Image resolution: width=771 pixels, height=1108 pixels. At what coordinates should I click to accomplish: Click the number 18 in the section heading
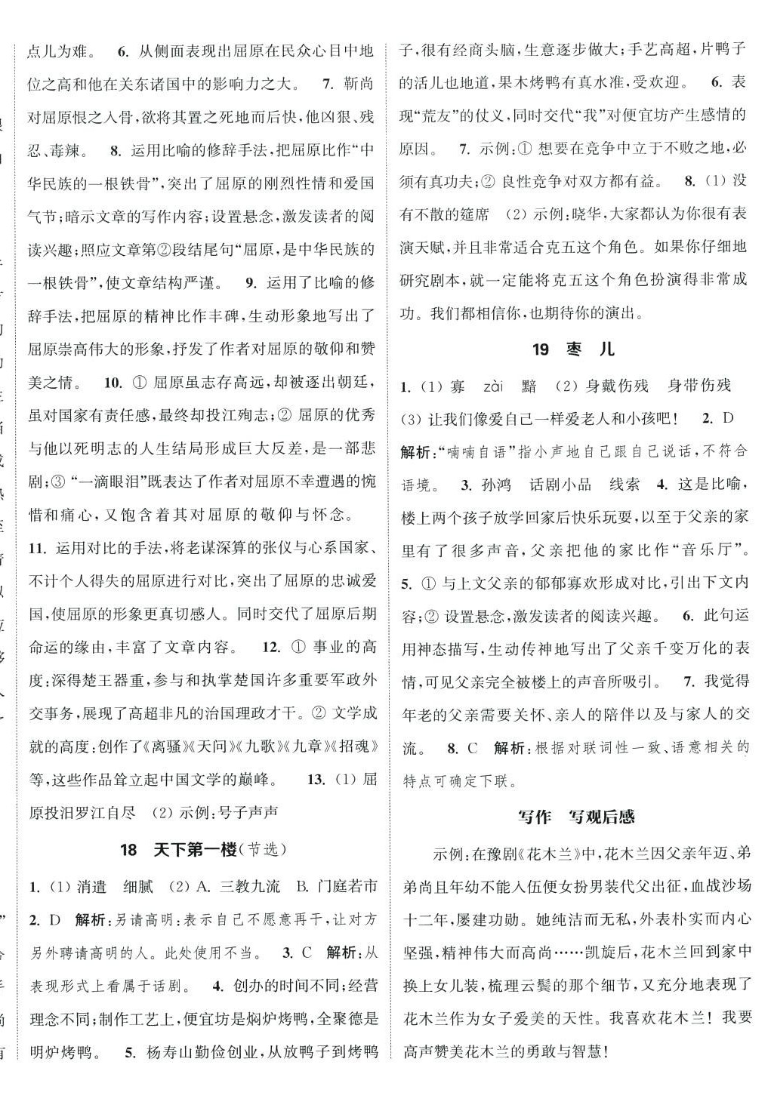(x=128, y=849)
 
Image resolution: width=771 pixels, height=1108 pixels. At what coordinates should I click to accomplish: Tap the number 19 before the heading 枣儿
(x=540, y=349)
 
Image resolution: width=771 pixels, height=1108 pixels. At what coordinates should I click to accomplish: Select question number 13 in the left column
(x=316, y=779)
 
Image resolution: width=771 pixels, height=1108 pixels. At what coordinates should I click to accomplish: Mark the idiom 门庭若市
(x=347, y=886)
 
